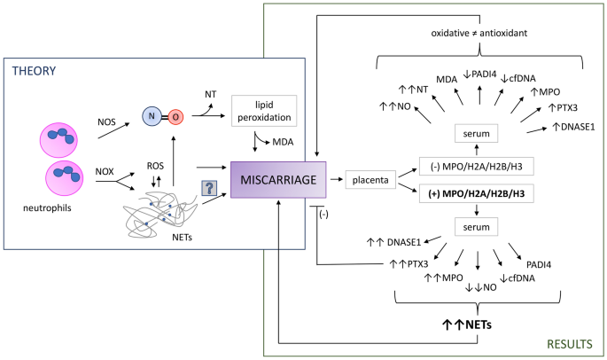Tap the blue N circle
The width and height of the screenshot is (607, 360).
tap(152, 116)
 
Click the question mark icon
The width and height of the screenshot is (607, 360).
tap(209, 187)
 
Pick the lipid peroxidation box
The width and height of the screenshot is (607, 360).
tap(261, 110)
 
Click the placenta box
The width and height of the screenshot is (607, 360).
tap(371, 182)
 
